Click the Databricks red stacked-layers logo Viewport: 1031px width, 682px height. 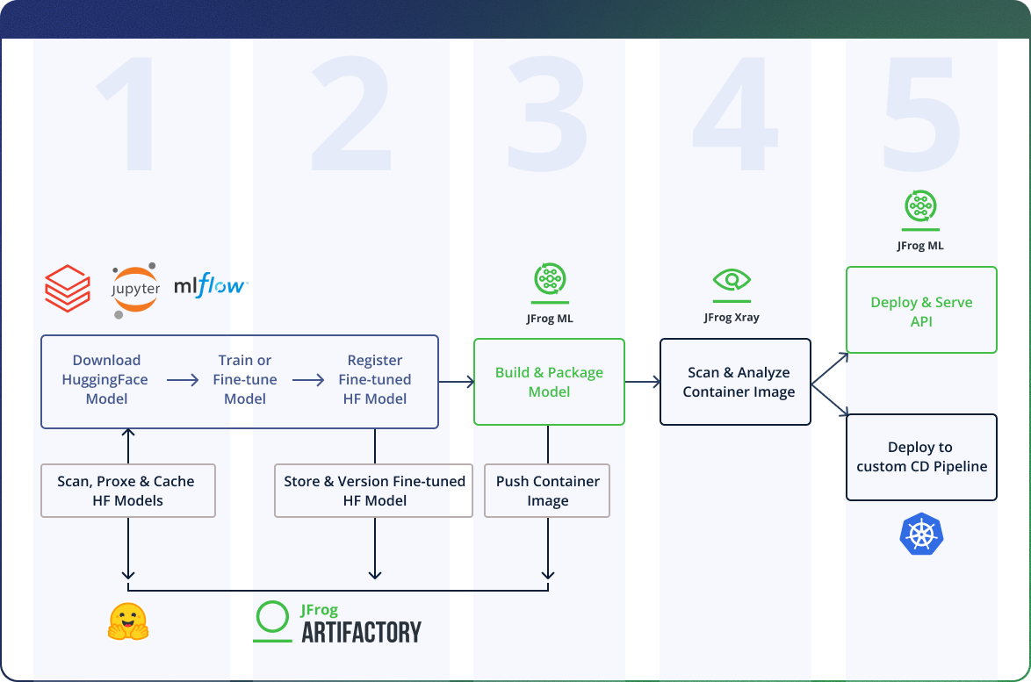[x=68, y=289]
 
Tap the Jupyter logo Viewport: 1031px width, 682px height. [x=135, y=287]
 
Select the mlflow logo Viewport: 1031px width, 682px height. [x=211, y=286]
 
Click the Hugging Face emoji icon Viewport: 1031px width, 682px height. [x=128, y=621]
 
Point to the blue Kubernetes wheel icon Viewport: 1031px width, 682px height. [x=921, y=535]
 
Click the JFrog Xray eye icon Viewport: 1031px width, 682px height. [x=732, y=281]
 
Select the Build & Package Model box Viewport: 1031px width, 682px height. [x=549, y=382]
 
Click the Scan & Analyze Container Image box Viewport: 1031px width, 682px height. [x=735, y=382]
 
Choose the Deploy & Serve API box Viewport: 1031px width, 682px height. [x=921, y=311]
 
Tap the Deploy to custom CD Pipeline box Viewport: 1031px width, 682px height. [x=921, y=457]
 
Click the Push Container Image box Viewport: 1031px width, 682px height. [x=547, y=491]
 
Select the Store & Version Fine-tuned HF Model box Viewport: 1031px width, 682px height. [x=375, y=491]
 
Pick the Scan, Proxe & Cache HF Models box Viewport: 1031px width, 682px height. [x=128, y=491]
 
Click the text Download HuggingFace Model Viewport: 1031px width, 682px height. [x=106, y=379]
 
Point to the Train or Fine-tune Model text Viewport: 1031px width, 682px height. [x=245, y=379]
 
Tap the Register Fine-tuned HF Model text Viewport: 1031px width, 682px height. [x=375, y=379]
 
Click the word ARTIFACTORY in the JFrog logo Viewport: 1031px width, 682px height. [x=361, y=632]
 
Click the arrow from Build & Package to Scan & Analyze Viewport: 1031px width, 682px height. [x=642, y=382]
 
